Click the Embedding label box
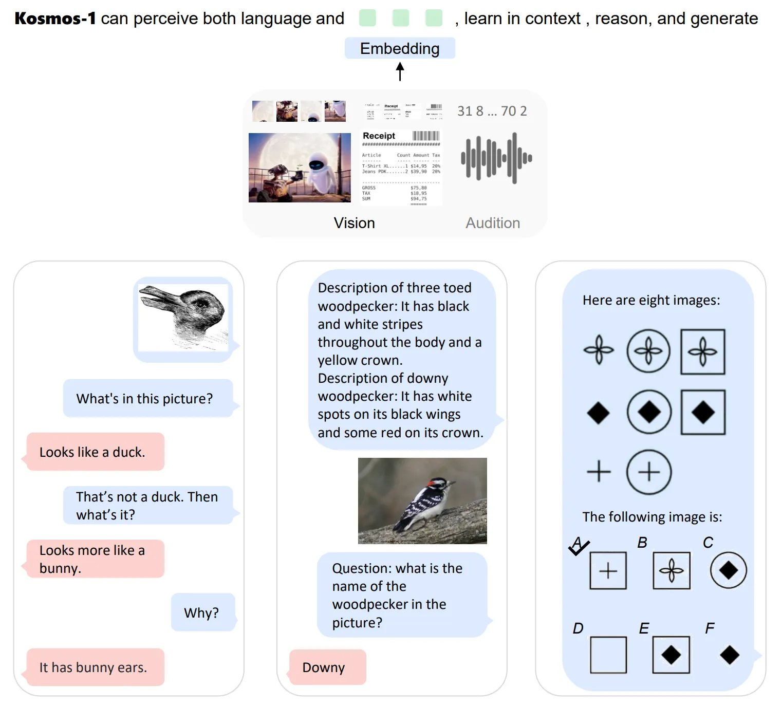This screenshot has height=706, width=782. [400, 48]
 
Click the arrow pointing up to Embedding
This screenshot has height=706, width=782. [400, 71]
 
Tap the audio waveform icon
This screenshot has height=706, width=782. [496, 158]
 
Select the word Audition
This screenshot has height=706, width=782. [493, 223]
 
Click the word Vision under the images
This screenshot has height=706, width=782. [354, 223]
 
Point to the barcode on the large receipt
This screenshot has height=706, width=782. [426, 136]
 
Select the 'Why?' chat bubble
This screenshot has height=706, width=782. [202, 612]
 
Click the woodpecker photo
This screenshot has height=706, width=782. [422, 500]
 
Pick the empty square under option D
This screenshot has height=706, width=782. [608, 655]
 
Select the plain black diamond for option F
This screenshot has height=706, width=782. [730, 655]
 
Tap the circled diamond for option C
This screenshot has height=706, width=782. [728, 570]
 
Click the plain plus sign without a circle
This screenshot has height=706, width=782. [599, 471]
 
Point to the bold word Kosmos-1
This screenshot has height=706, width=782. [55, 18]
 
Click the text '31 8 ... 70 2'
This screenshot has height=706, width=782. [492, 111]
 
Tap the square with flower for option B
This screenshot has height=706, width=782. [671, 570]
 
